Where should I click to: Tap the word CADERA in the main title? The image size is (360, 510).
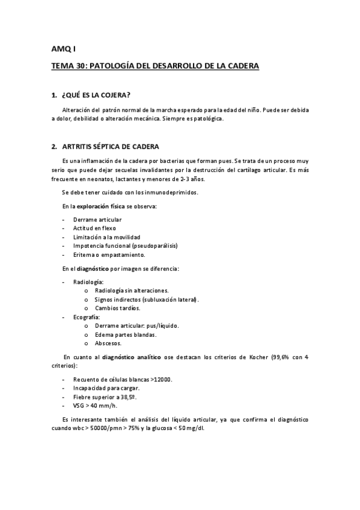[242, 66]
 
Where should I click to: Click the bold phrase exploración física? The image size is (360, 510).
[100, 206]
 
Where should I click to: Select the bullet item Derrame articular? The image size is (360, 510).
[97, 220]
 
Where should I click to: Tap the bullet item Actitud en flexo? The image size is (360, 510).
[94, 229]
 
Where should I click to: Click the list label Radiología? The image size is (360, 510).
[88, 281]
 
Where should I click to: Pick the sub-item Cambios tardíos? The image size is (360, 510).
[118, 308]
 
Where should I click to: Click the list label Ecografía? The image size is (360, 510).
[87, 317]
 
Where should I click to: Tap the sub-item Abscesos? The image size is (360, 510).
[108, 343]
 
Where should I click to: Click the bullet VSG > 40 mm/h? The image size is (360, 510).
[95, 405]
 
